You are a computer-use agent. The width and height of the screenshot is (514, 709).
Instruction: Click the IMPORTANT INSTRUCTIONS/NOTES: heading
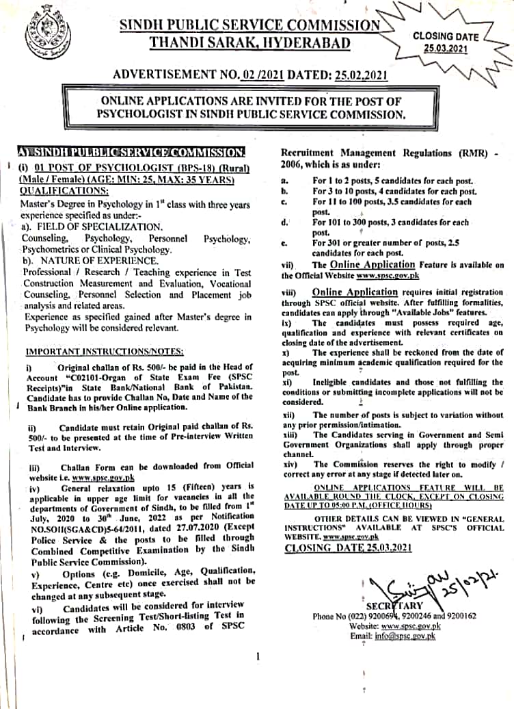click(x=105, y=351)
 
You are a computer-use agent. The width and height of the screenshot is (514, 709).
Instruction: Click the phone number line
click(x=394, y=616)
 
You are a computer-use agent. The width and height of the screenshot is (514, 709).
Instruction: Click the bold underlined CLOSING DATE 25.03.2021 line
click(x=348, y=547)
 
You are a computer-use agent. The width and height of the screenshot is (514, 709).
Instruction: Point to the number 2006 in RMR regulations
click(x=294, y=165)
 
